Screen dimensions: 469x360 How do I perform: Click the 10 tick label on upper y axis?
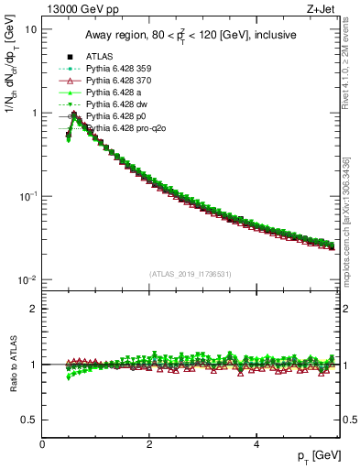point(30,29)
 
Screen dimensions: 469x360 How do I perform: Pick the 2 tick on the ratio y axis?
point(34,309)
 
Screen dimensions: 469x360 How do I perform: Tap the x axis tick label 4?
point(256,445)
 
